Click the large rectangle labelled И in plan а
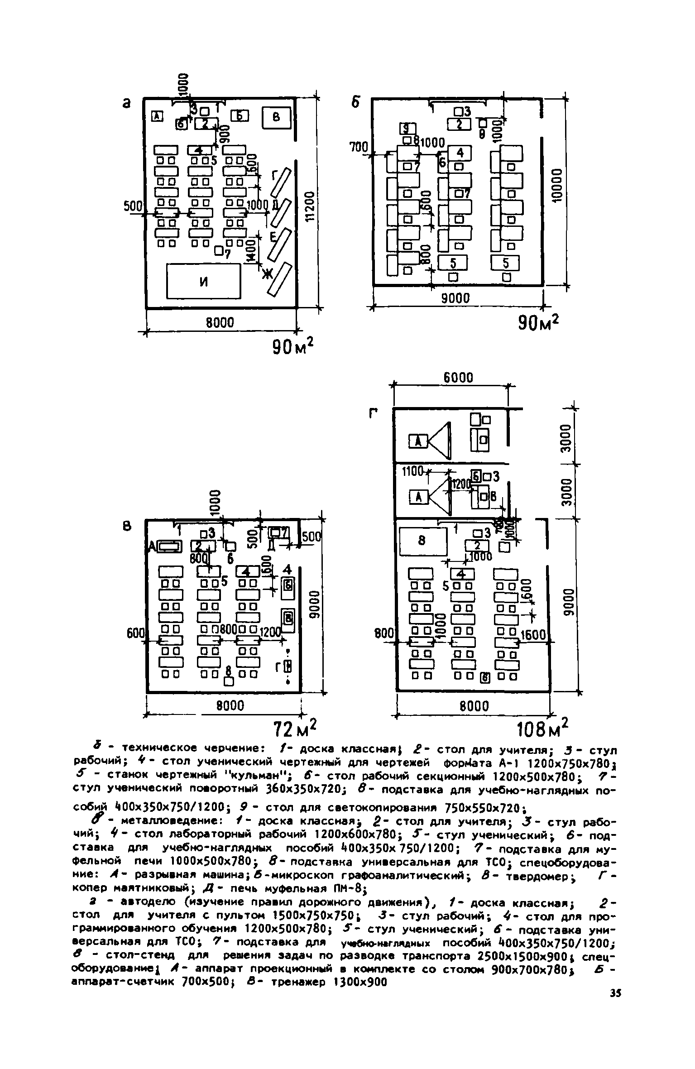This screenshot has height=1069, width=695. [x=203, y=281]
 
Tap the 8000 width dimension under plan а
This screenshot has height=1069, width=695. [x=220, y=323]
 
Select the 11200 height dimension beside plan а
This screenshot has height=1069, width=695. [x=309, y=205]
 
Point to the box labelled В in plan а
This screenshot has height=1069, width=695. [x=275, y=117]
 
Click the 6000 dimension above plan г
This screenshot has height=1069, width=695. [x=458, y=378]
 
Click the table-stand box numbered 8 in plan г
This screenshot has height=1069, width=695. [x=422, y=541]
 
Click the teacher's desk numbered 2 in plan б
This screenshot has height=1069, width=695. [x=459, y=124]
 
